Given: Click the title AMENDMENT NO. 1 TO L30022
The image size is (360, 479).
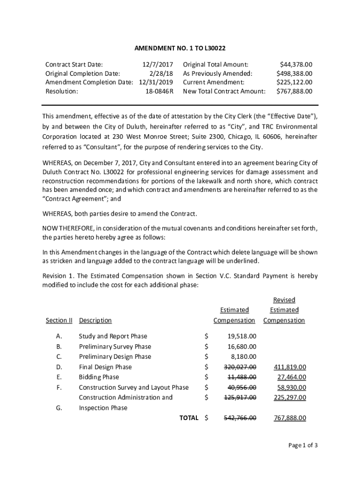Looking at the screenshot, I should coord(180,48).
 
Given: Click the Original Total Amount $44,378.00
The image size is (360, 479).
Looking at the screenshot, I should coord(296,65).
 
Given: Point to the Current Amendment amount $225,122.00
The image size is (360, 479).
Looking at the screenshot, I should coord(295,82).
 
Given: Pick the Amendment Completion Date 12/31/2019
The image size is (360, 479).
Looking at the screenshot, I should coord(156,82).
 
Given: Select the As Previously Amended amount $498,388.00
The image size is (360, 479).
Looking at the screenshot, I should coord(295,73).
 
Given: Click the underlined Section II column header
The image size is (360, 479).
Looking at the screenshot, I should coord(59,320).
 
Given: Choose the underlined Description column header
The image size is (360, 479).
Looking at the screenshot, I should coord(95,320).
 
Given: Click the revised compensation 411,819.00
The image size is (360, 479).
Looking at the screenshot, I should coord(290,367).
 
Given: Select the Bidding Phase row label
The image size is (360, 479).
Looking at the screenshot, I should coord(99,377).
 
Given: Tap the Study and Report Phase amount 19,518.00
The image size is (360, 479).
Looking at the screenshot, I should coord(242,336).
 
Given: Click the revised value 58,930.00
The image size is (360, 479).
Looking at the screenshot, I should coord(291,387).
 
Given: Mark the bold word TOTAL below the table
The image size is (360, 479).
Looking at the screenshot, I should coord(189,418).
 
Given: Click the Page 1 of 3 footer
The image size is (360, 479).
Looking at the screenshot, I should coord(303,445).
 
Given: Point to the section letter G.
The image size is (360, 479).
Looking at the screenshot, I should coord(59,408).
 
